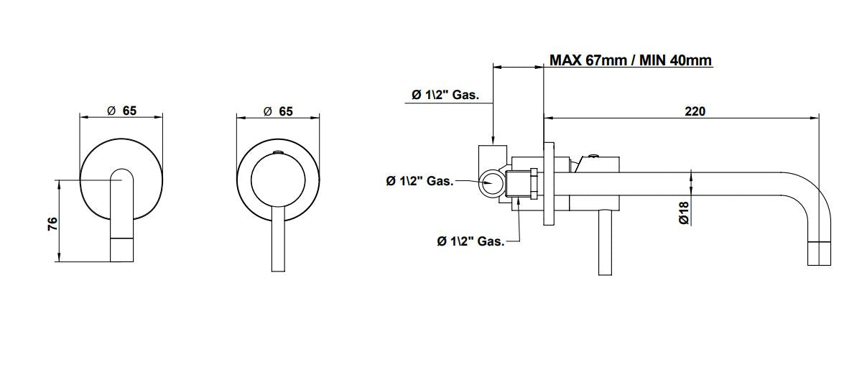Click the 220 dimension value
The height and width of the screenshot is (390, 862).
click(x=695, y=111)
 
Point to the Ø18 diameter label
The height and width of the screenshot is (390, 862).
click(x=684, y=213)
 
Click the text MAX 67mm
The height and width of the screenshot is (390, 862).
click(x=588, y=60)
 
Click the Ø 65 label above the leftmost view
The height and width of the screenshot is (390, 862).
click(x=121, y=111)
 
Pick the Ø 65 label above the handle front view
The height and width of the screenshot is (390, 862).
click(x=278, y=111)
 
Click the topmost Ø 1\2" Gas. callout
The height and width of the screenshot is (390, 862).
click(x=445, y=95)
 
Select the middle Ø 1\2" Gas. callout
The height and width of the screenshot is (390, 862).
click(x=420, y=181)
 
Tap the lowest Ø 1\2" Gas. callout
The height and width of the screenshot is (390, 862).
click(x=471, y=241)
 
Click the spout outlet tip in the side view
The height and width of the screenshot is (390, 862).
click(x=819, y=254)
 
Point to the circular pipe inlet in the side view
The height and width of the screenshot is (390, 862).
click(x=493, y=183)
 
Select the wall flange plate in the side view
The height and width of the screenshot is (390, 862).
click(x=550, y=183)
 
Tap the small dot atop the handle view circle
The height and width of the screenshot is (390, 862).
click(x=278, y=152)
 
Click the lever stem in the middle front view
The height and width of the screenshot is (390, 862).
click(x=278, y=241)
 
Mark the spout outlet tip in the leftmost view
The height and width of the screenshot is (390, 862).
click(x=121, y=249)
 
